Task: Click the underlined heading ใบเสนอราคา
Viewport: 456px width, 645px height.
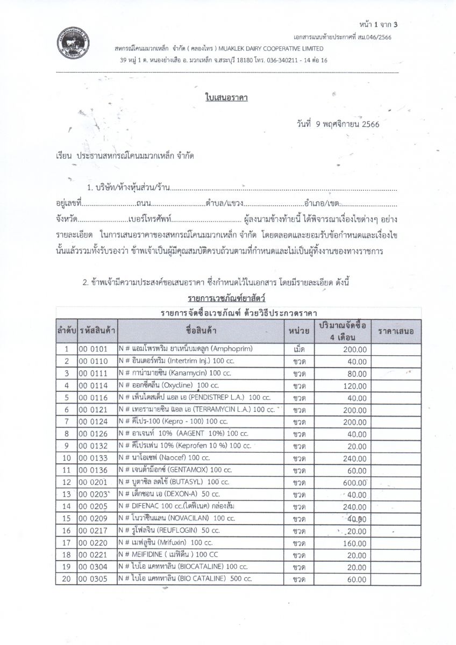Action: [x=226, y=98]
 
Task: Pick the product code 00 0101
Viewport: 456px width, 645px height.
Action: [x=94, y=349]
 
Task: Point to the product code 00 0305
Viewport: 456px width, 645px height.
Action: [x=94, y=579]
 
